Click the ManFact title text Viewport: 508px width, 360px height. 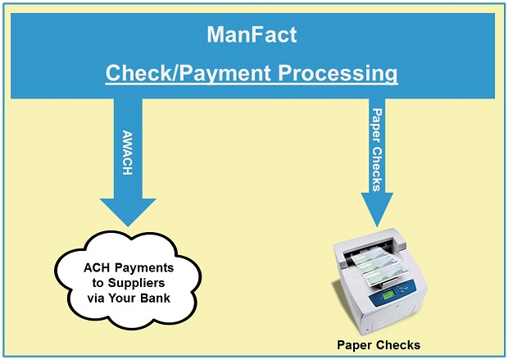click(x=252, y=34)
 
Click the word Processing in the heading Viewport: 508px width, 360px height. click(x=338, y=73)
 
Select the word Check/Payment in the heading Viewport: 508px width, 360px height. click(x=188, y=73)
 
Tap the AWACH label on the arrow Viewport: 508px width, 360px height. click(x=127, y=153)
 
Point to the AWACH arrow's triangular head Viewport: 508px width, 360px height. click(x=128, y=212)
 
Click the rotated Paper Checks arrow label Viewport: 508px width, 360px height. click(x=377, y=150)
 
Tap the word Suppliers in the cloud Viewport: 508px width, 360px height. click(x=136, y=284)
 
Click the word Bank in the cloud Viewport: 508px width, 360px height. click(x=156, y=298)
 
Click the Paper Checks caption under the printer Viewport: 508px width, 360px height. click(x=379, y=345)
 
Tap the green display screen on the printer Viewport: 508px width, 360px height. click(x=388, y=295)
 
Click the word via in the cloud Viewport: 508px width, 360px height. click(x=96, y=298)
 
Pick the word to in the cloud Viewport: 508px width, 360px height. click(x=98, y=283)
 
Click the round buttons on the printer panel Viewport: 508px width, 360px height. click(x=403, y=289)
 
